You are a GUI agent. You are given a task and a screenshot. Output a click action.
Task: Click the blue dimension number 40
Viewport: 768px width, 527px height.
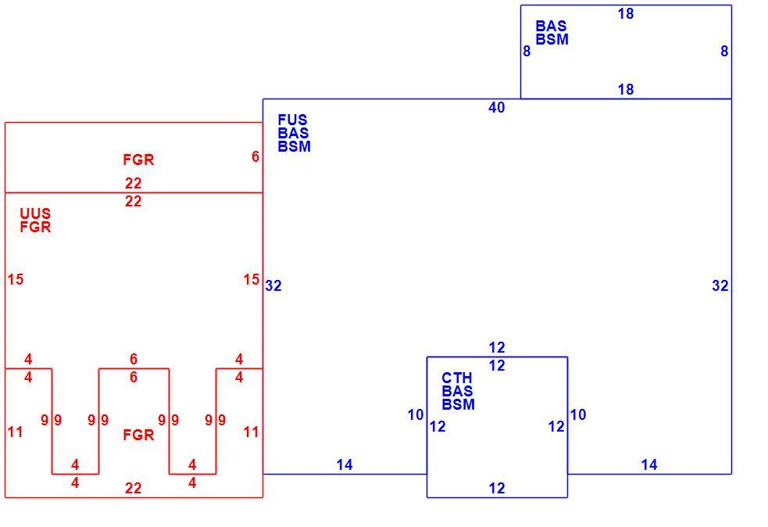[x=496, y=107]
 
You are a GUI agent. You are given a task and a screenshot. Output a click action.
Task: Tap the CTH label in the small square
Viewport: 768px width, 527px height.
[x=456, y=378]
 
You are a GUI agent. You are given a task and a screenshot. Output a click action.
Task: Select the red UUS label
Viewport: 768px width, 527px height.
[x=35, y=213]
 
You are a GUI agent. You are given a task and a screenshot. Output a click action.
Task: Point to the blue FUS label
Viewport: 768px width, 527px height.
[x=292, y=120]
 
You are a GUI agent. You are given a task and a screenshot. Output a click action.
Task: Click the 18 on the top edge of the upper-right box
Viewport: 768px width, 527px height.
[x=626, y=14]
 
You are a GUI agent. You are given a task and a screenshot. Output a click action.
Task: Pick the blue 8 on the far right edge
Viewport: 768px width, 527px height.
[x=724, y=51]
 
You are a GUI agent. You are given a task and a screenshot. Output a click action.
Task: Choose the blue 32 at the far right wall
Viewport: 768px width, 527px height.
[x=720, y=286]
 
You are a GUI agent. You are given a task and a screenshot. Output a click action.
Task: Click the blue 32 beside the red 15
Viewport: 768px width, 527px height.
[x=273, y=286]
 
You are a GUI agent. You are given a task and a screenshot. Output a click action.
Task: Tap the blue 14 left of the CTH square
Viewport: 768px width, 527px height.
[x=345, y=464]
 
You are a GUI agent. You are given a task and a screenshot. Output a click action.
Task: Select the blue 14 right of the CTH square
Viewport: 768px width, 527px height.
[x=649, y=464]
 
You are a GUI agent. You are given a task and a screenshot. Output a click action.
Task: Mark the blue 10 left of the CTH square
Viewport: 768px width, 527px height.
[x=416, y=414]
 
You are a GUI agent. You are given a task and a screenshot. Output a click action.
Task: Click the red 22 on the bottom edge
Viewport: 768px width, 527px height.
[x=134, y=488]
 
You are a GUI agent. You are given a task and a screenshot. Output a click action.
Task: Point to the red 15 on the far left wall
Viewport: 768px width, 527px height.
[x=15, y=279]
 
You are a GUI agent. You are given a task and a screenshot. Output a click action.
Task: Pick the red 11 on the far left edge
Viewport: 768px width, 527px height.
[x=15, y=432]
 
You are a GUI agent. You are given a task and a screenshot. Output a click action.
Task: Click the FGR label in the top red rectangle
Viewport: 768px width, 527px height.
[x=138, y=160]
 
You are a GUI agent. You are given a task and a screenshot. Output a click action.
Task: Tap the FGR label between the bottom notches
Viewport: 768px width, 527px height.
[x=138, y=435]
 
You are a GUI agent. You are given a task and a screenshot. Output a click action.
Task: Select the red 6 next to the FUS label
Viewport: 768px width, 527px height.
[x=255, y=156]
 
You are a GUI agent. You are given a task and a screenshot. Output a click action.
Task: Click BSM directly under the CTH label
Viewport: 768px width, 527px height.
[x=458, y=404]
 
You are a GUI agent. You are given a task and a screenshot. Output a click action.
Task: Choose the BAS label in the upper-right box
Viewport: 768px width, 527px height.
[x=551, y=26]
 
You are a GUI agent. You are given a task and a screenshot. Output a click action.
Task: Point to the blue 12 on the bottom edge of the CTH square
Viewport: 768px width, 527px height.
[x=496, y=488]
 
